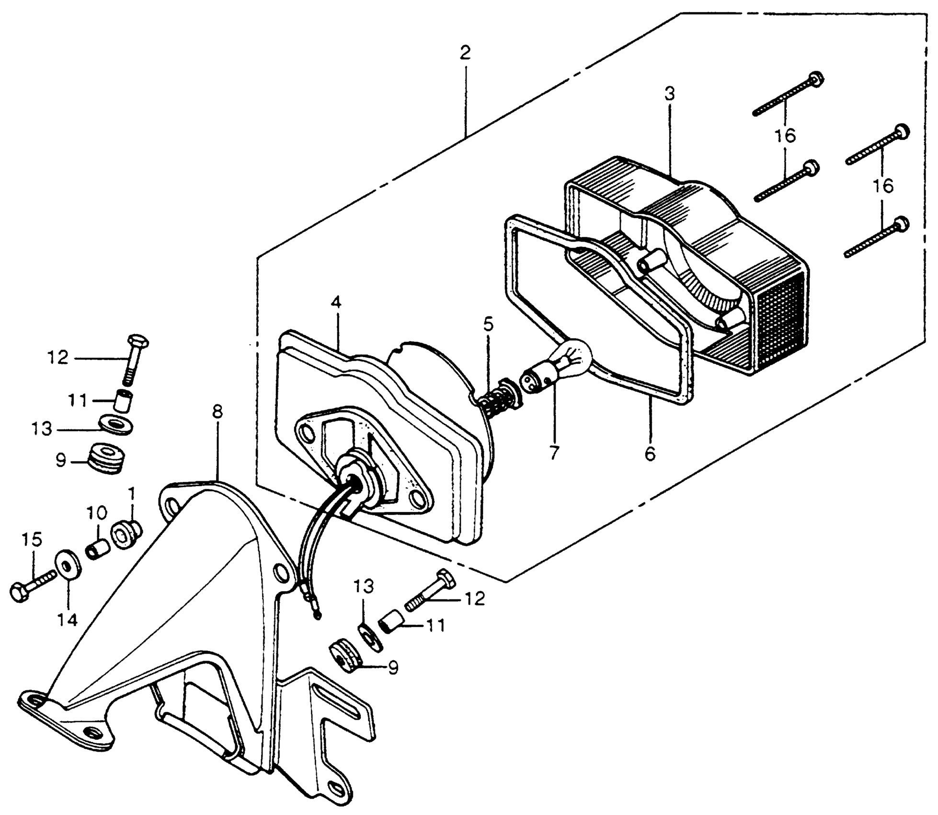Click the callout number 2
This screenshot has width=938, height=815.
click(x=465, y=53)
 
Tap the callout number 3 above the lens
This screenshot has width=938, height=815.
click(x=670, y=94)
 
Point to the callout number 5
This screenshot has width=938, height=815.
click(x=488, y=325)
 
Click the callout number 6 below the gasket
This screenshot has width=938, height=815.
click(x=650, y=453)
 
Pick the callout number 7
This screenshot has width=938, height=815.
click(x=554, y=453)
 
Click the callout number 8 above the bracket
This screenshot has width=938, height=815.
click(x=217, y=412)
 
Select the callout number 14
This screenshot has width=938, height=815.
click(x=68, y=620)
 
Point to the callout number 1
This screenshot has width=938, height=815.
click(x=131, y=493)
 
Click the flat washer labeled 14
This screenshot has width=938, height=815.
click(x=69, y=567)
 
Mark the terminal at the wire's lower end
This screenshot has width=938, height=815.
click(x=317, y=614)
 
